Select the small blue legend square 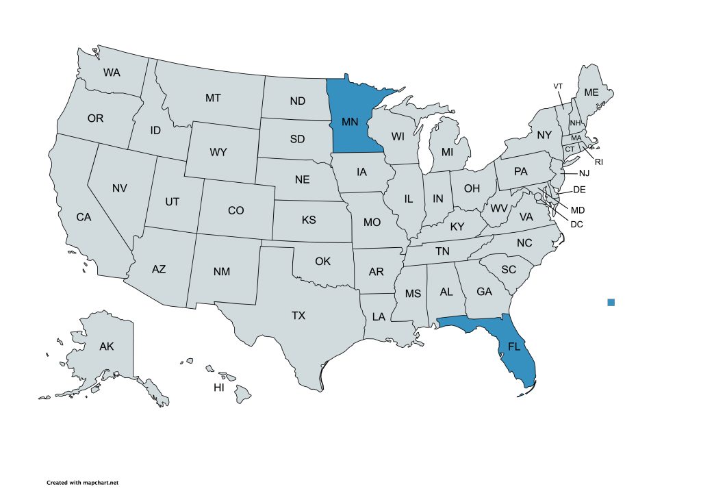click(x=611, y=302)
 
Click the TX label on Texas click(x=298, y=316)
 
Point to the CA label click(x=84, y=217)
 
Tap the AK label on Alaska click(x=106, y=347)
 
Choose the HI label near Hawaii click(x=219, y=388)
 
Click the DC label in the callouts click(x=576, y=223)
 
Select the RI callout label click(x=598, y=162)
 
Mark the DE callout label click(x=579, y=190)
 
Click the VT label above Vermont click(x=558, y=86)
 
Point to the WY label click(x=218, y=152)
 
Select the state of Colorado click(x=235, y=210)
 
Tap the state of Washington click(x=112, y=72)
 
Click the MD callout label click(x=578, y=210)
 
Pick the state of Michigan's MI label click(x=447, y=151)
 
